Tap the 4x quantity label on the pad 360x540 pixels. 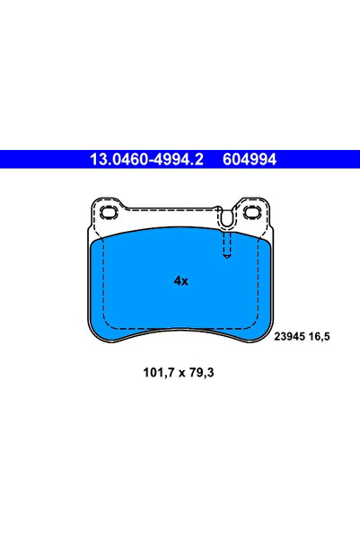pyautogui.click(x=180, y=280)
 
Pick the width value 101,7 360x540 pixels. pyautogui.click(x=153, y=372)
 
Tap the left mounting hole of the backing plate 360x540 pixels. pyautogui.click(x=111, y=213)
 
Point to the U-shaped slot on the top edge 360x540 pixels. pyautogui.click(x=226, y=217)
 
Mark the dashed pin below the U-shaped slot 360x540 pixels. pyautogui.click(x=227, y=243)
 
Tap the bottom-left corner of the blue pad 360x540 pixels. pyautogui.click(x=98, y=338)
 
